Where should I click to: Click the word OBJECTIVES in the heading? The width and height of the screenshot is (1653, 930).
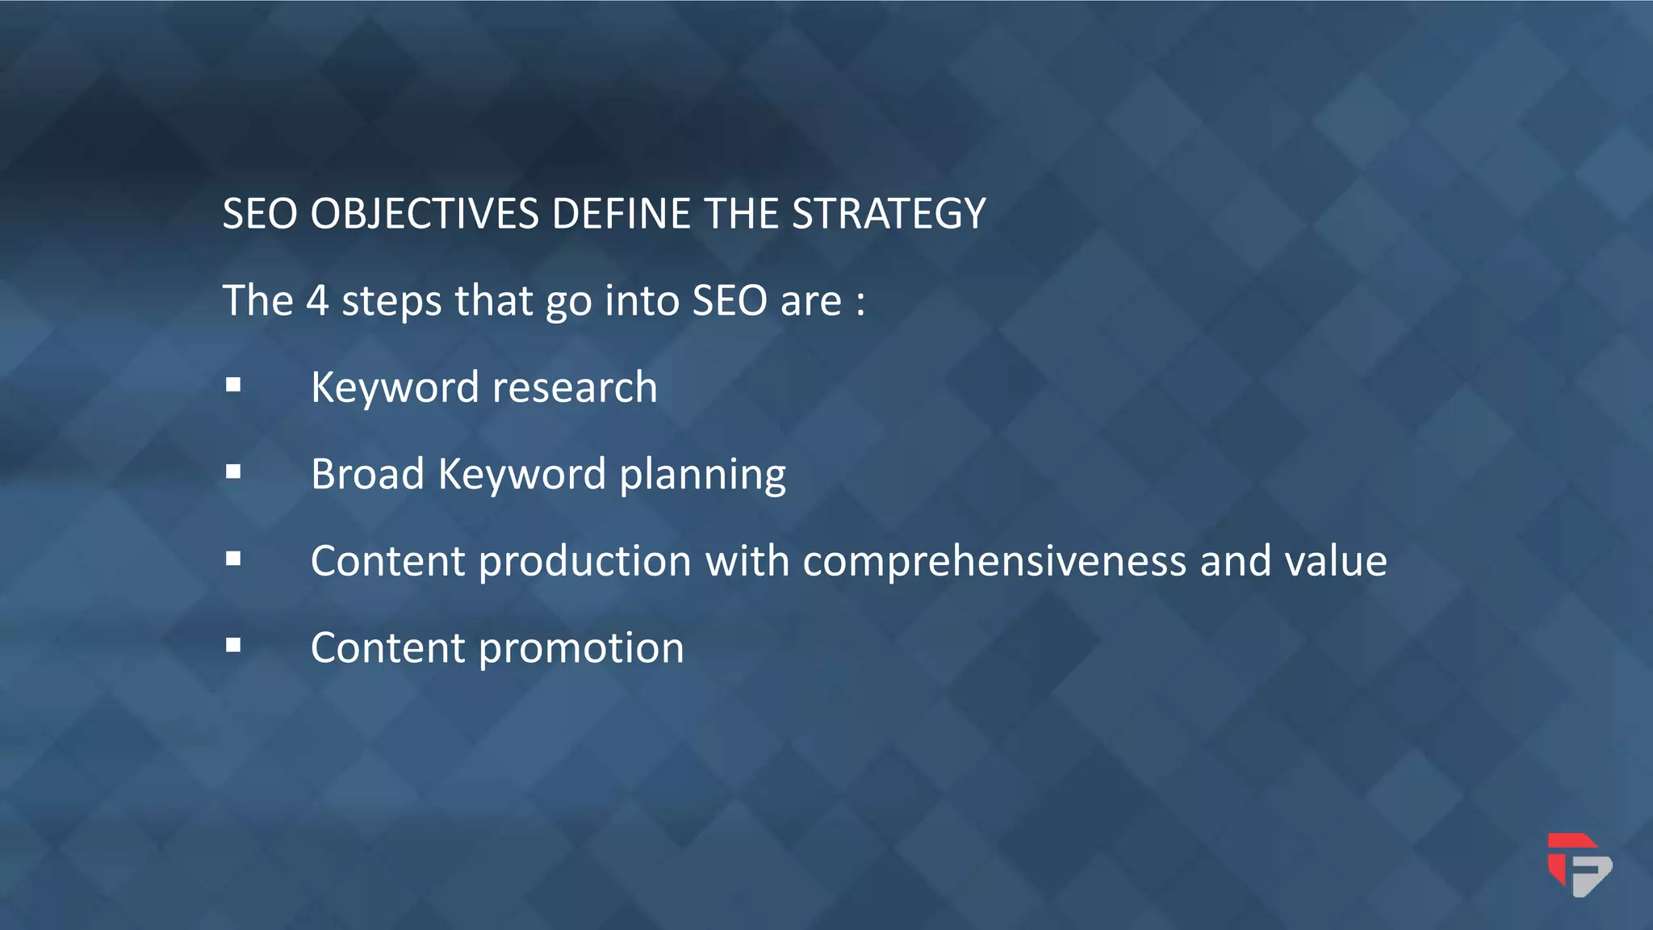(x=425, y=215)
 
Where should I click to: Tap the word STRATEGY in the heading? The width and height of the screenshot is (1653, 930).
(x=889, y=215)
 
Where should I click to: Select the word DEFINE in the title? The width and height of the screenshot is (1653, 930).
(x=621, y=215)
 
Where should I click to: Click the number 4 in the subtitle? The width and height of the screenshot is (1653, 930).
(x=317, y=301)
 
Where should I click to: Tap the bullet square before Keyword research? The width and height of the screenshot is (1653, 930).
(x=233, y=385)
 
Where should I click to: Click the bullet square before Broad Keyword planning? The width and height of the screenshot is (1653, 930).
(x=233, y=471)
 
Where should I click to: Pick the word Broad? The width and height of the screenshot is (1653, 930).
(x=367, y=474)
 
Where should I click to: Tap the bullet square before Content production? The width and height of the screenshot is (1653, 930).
(x=233, y=559)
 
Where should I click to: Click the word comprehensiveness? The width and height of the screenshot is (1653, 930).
(x=994, y=561)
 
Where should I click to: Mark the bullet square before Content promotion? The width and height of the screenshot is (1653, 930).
(x=233, y=645)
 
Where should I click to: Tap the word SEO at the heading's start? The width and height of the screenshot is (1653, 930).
(x=260, y=215)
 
